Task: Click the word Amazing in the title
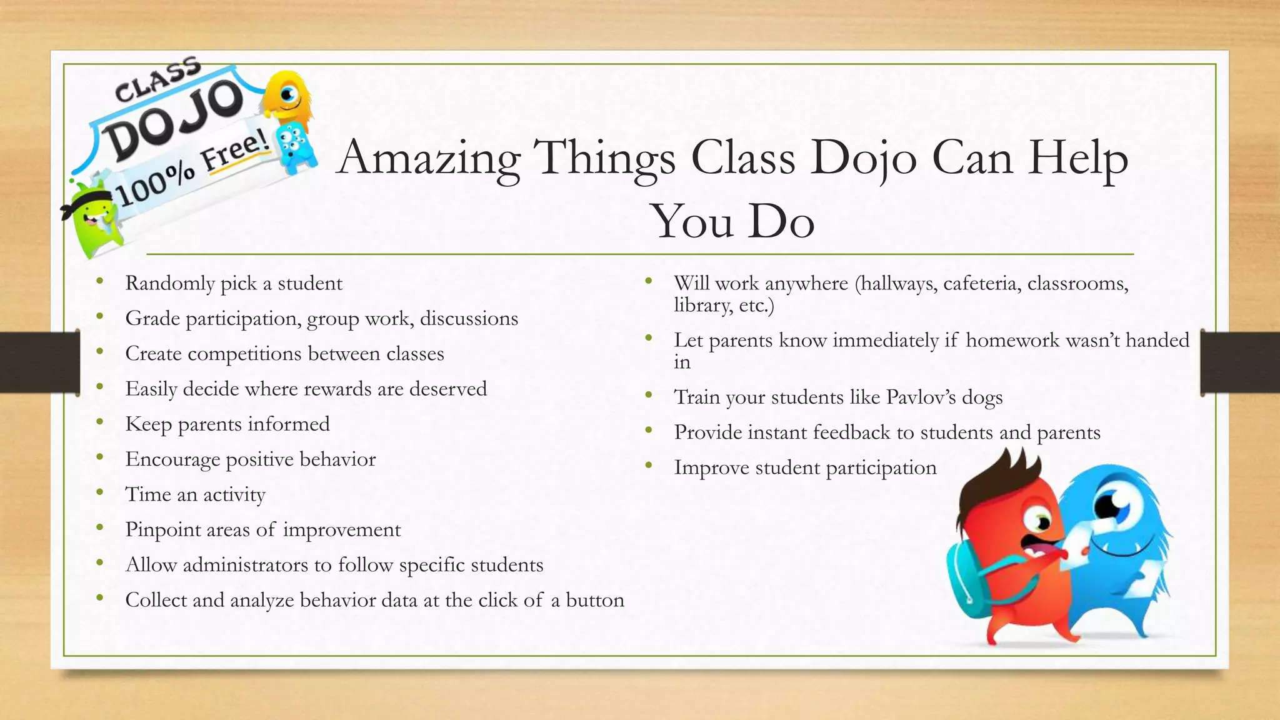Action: [429, 157]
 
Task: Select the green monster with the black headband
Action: [94, 222]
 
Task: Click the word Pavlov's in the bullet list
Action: [921, 397]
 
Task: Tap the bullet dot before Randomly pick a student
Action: [100, 282]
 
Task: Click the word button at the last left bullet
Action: [595, 600]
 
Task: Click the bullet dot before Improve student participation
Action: [649, 466]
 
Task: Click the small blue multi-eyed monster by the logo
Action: [292, 147]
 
